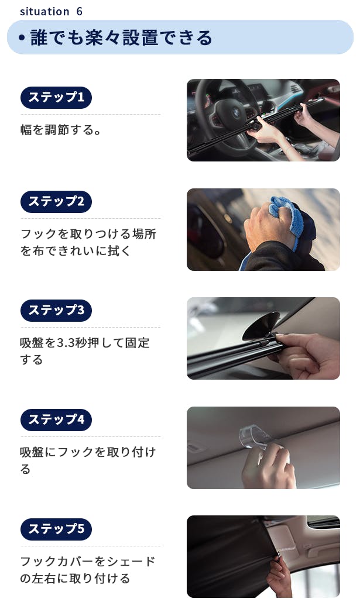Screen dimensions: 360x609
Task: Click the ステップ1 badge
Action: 56,98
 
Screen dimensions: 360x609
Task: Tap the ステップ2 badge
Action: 56,202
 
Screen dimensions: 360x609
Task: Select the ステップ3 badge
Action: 56,310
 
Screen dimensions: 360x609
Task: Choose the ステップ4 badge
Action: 56,420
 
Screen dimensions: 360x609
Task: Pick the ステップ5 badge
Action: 56,529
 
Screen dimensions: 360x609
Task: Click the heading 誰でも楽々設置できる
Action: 121,37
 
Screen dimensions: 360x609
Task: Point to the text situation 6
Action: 51,11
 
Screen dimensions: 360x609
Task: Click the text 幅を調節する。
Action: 61,129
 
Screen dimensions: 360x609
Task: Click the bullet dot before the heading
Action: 22,38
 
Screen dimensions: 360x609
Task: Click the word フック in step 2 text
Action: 38,234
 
